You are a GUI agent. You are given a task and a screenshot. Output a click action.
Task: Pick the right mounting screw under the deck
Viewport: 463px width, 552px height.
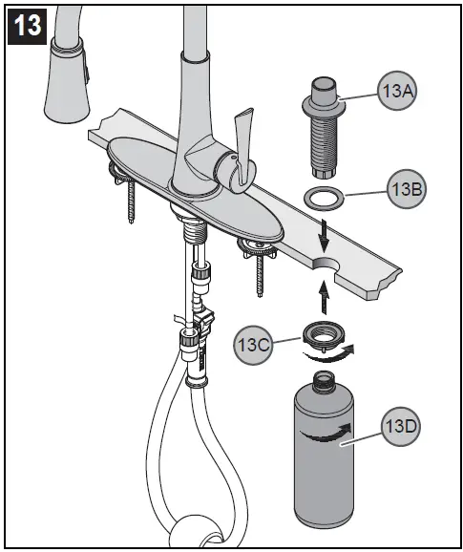point(256,272)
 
